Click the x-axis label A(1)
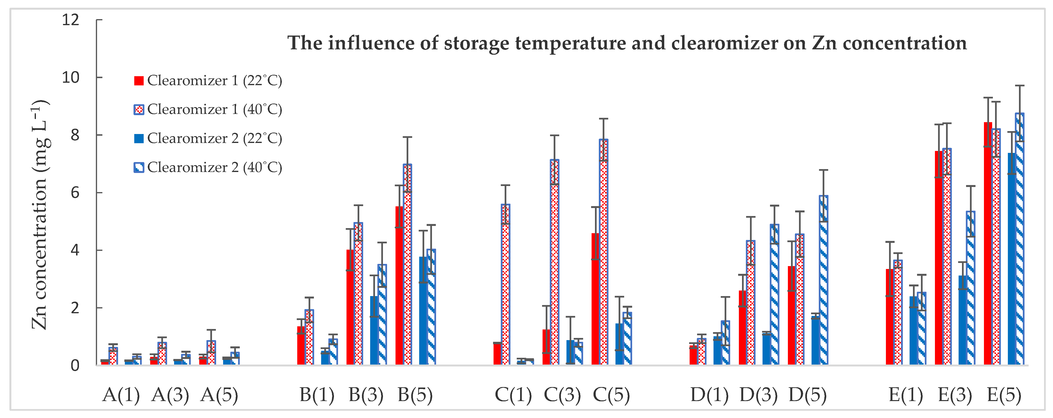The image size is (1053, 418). [x=121, y=395]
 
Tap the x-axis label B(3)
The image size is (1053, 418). [x=366, y=395]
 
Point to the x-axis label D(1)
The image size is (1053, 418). [x=709, y=395]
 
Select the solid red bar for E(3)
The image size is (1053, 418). [x=939, y=258]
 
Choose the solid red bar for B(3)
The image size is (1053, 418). [x=350, y=307]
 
